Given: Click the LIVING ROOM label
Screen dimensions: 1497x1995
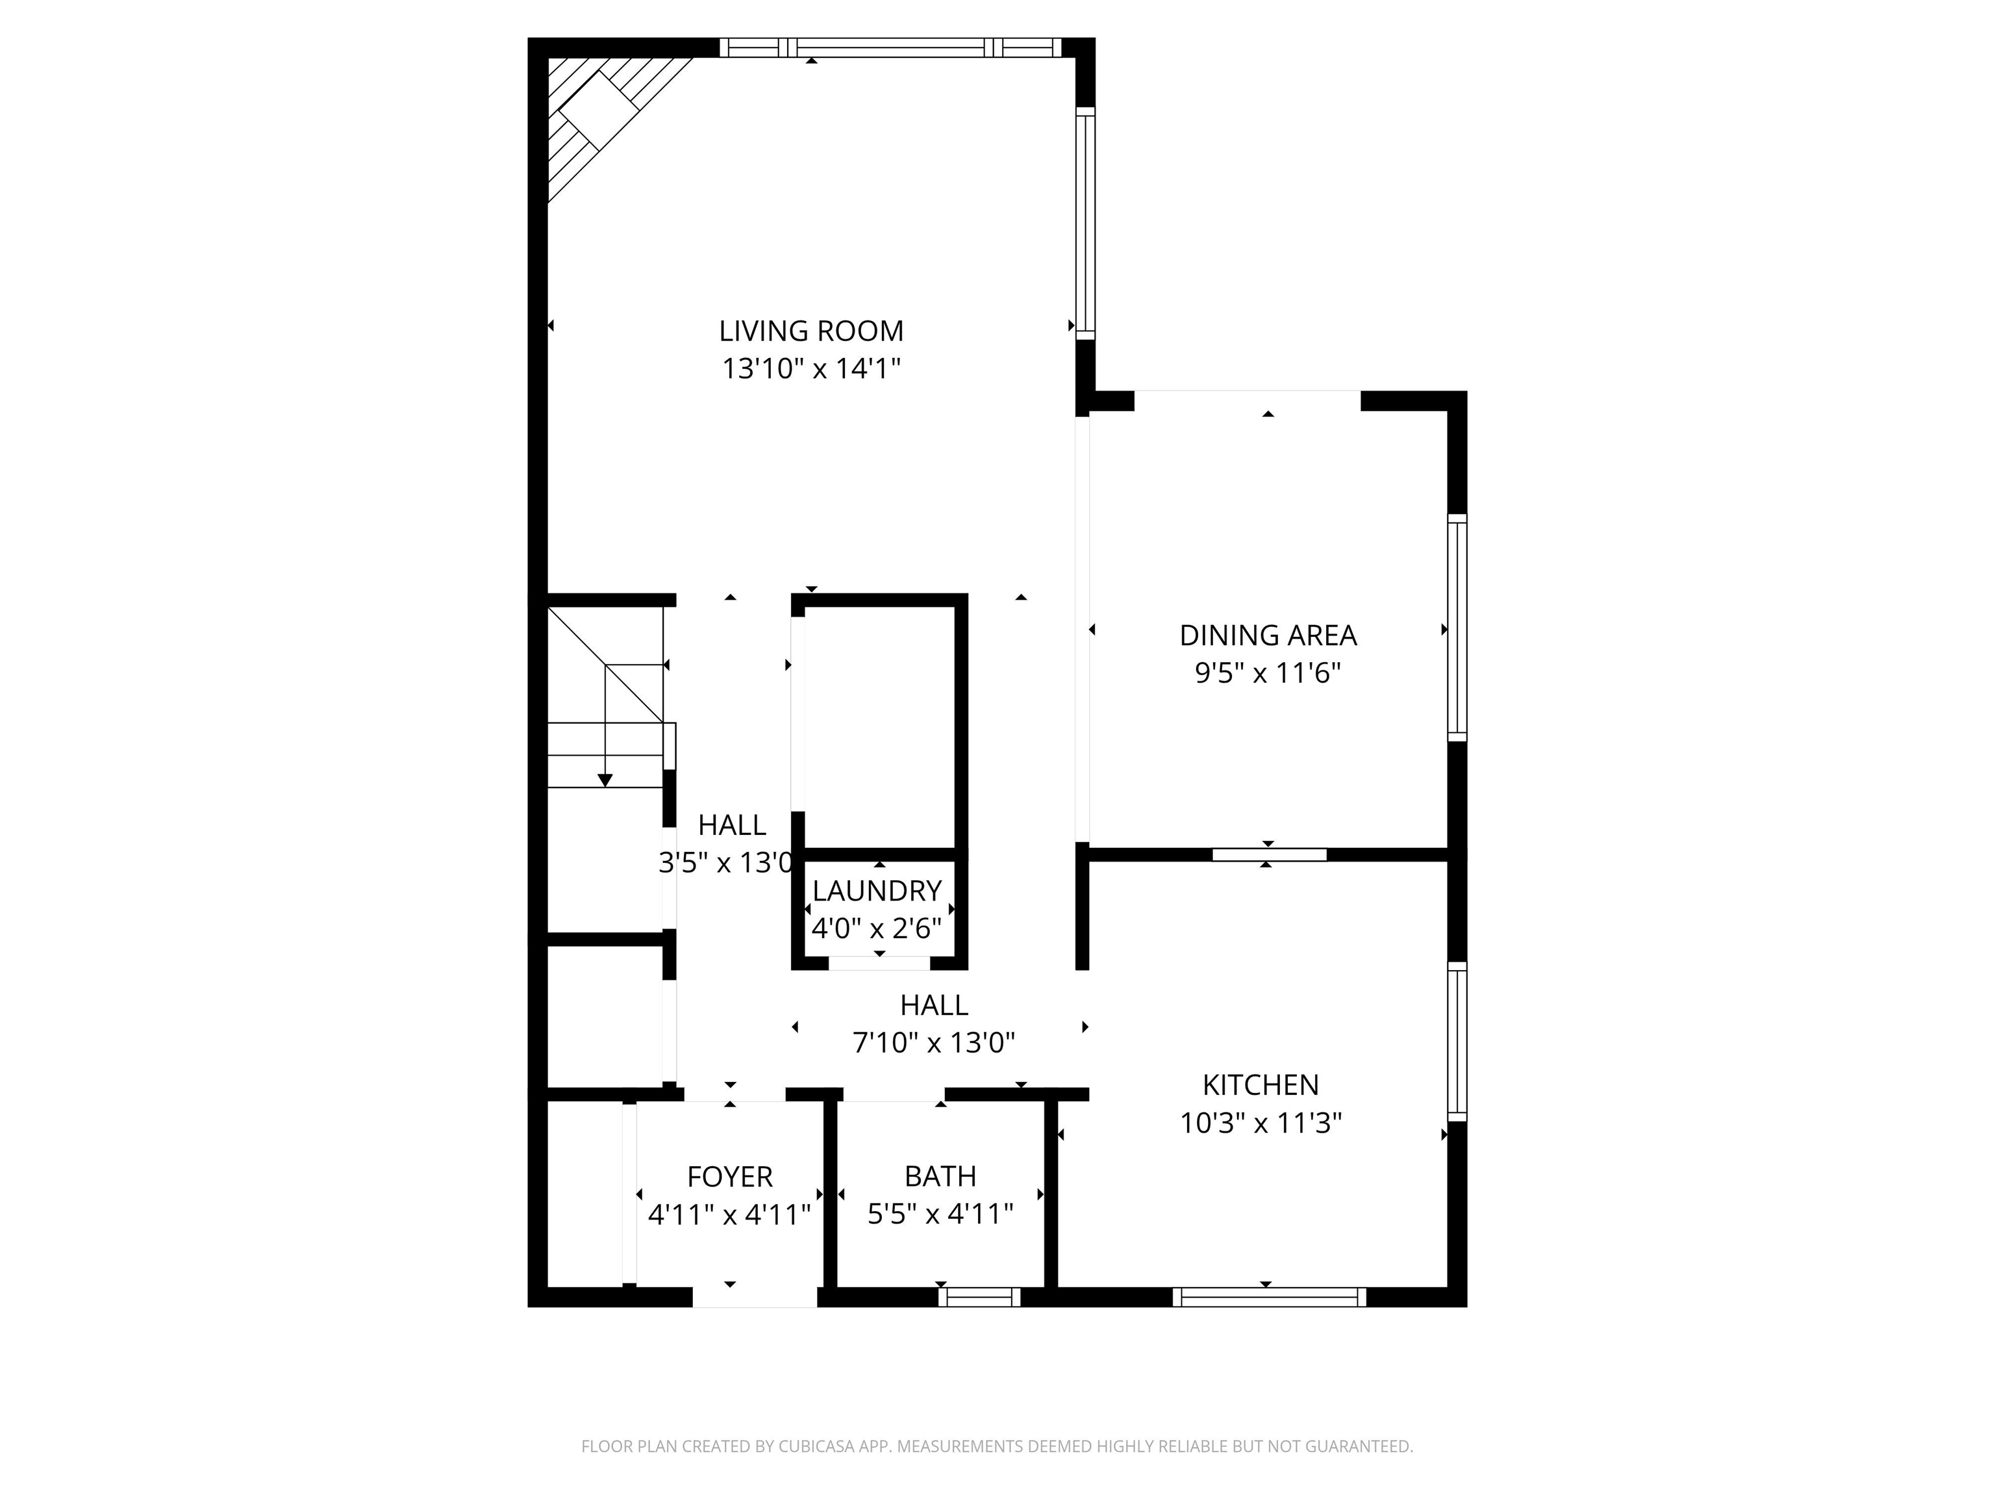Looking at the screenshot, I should coord(811,331).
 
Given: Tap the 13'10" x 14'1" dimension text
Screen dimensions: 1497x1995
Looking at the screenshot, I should coord(811,369).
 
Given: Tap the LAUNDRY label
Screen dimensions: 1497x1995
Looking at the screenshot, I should coord(877,891).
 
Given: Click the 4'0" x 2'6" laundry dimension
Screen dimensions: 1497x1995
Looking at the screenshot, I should coord(877,928).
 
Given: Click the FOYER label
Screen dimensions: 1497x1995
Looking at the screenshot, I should coord(730,1177).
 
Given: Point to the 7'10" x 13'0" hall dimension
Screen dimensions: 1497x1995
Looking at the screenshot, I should coord(933,1043).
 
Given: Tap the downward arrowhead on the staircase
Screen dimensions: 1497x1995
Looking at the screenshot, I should coord(605,780).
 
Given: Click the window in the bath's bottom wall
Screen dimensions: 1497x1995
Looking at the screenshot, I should coord(979,1298).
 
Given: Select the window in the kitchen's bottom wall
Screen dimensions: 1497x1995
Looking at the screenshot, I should coord(1268,1298).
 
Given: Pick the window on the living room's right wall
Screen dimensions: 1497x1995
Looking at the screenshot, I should coord(1085,224).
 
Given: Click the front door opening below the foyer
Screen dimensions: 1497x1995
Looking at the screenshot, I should coord(754,1298).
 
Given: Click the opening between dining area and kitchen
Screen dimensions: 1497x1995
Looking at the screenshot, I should coord(1268,854).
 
